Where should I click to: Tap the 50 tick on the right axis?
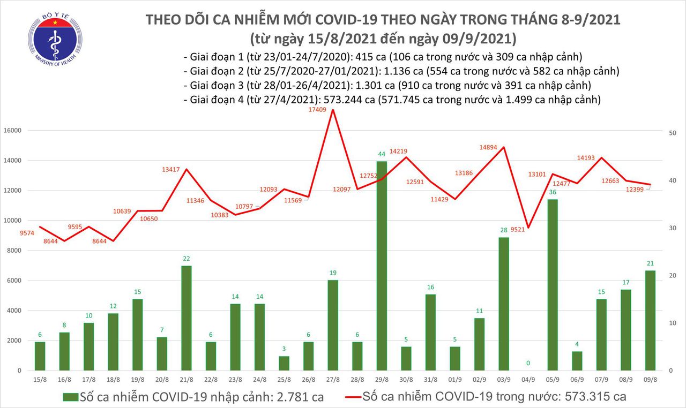(675, 133)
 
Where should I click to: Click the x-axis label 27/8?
(332, 380)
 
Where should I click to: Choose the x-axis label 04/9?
(528, 380)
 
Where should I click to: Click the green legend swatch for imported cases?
(70, 397)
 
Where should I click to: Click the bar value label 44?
(381, 155)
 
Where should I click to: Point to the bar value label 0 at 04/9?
(528, 364)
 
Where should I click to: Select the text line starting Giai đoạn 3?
(386, 85)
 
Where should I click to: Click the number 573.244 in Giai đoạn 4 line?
(335, 99)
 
